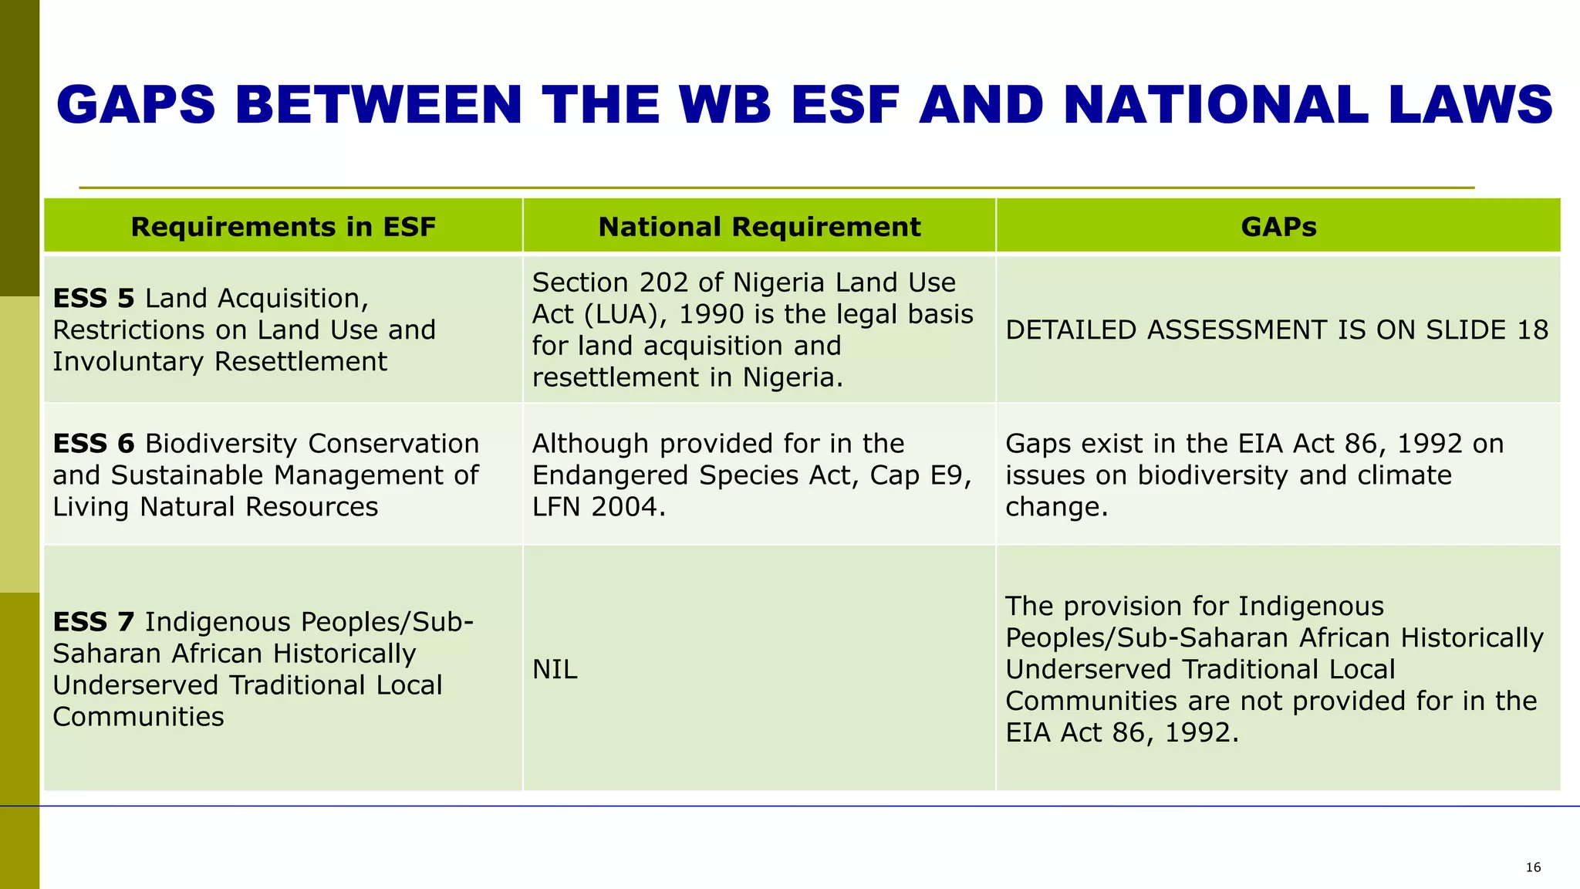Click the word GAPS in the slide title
click(x=136, y=105)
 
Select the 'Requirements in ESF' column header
click(x=283, y=227)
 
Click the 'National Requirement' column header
click(x=759, y=227)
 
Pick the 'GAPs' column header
click(x=1278, y=227)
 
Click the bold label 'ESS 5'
click(x=93, y=299)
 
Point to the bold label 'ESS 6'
click(x=93, y=444)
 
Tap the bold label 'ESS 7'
click(x=93, y=622)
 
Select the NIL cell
click(x=555, y=670)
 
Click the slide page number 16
click(x=1533, y=867)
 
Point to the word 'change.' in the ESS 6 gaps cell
click(x=1056, y=507)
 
